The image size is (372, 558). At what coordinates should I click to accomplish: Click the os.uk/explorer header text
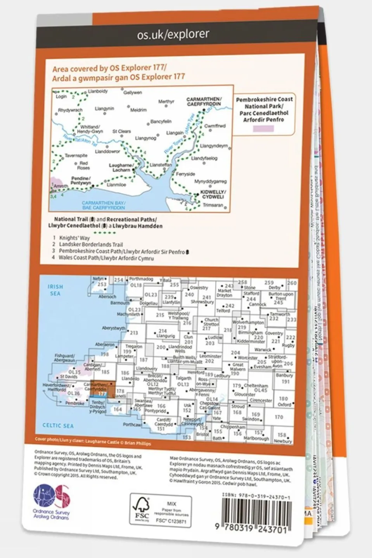click(x=173, y=35)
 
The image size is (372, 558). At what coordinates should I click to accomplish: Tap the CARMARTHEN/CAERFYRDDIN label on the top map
click(x=204, y=102)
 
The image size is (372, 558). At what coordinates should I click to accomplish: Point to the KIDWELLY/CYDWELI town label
click(x=213, y=194)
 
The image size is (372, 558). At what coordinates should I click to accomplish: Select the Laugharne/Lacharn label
click(x=121, y=168)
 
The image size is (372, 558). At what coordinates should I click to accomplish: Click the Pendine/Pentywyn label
click(x=81, y=181)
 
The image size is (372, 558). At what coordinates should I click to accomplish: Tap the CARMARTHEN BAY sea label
click(x=103, y=205)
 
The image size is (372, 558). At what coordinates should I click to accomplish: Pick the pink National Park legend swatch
click(x=263, y=129)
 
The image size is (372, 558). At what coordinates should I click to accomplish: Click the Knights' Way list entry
click(x=74, y=238)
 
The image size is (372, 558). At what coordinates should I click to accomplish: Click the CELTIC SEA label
click(x=58, y=425)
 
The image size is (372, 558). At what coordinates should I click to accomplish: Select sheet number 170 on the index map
click(x=279, y=417)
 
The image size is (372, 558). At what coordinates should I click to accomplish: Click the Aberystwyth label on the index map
click(x=113, y=328)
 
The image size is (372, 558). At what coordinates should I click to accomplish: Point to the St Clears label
click(x=121, y=131)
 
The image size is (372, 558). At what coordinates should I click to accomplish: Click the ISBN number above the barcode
click(x=256, y=496)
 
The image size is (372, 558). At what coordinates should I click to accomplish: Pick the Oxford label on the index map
click(x=284, y=404)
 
